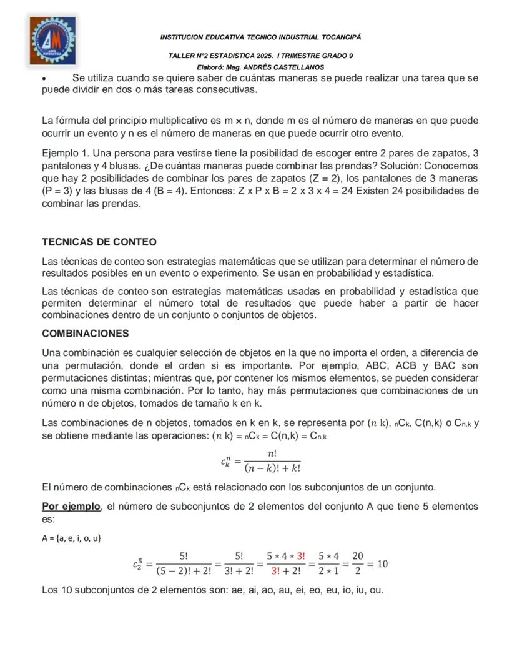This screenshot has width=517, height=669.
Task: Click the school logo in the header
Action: click(x=52, y=41)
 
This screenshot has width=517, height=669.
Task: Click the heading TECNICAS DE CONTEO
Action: click(x=99, y=242)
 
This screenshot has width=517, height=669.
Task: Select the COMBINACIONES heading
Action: click(x=86, y=333)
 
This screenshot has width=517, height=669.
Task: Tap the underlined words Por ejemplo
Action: click(x=71, y=506)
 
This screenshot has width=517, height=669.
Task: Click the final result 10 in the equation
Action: click(x=382, y=563)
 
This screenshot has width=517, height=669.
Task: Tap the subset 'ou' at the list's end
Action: click(x=377, y=590)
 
